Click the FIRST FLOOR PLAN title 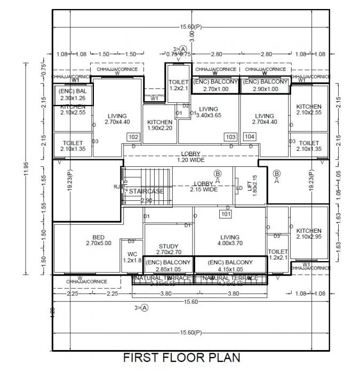point(182,356)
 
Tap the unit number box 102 point(133,137)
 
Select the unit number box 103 point(230,137)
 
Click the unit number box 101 point(225,214)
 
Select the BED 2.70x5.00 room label point(99,240)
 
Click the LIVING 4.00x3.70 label point(230,240)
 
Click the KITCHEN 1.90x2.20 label point(159,125)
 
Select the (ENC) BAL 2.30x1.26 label point(73,95)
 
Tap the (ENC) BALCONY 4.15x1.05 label point(230,265)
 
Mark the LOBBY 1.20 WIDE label point(190,157)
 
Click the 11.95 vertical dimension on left point(25,169)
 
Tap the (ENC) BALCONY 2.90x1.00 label point(265,85)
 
